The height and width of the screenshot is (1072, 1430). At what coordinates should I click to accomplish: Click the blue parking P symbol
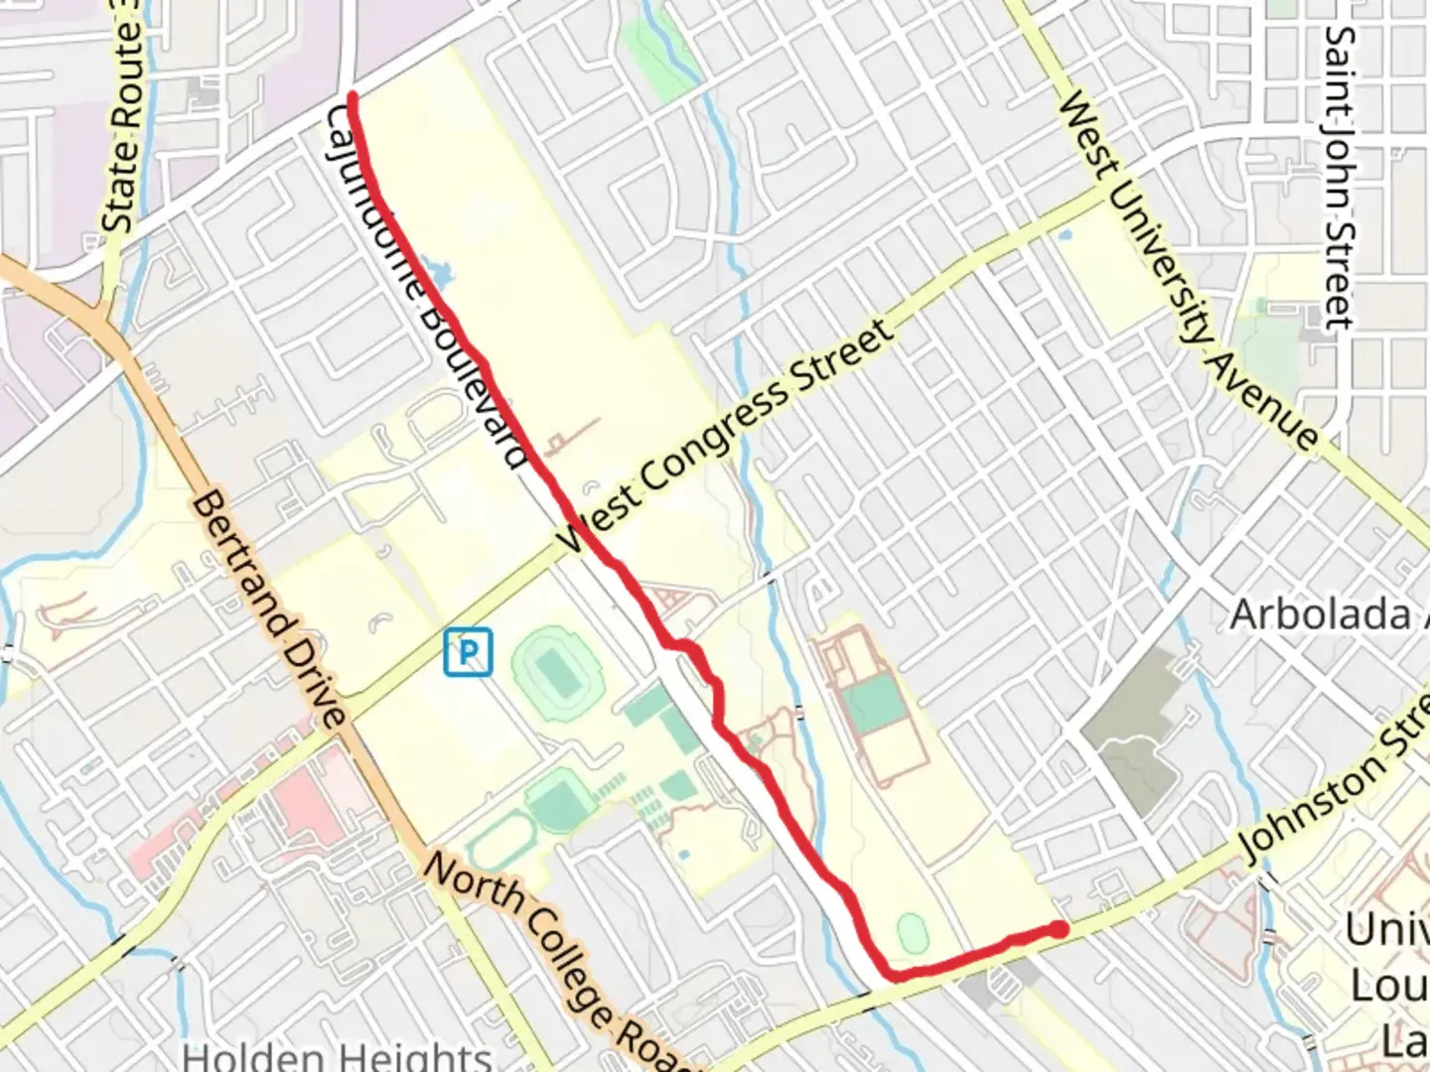tap(467, 652)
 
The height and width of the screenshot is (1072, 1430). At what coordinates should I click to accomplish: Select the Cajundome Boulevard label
tap(427, 288)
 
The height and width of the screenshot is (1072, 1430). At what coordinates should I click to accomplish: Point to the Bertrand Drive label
tap(269, 609)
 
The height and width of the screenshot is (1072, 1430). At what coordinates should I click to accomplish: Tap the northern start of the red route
tap(353, 96)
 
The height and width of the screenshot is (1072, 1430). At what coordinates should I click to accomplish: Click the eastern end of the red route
tap(1061, 929)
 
